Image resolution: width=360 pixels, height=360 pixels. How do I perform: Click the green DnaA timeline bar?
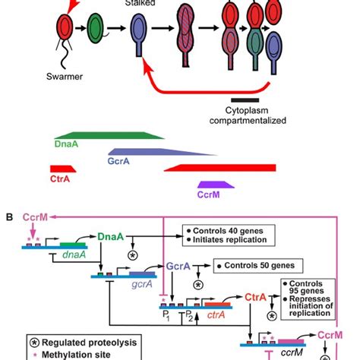tap(107, 136)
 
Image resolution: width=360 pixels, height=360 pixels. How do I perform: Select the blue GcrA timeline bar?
tap(152, 152)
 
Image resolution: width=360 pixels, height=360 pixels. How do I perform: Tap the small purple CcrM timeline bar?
tap(216, 184)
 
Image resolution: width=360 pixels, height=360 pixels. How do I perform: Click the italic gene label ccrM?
tap(292, 354)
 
